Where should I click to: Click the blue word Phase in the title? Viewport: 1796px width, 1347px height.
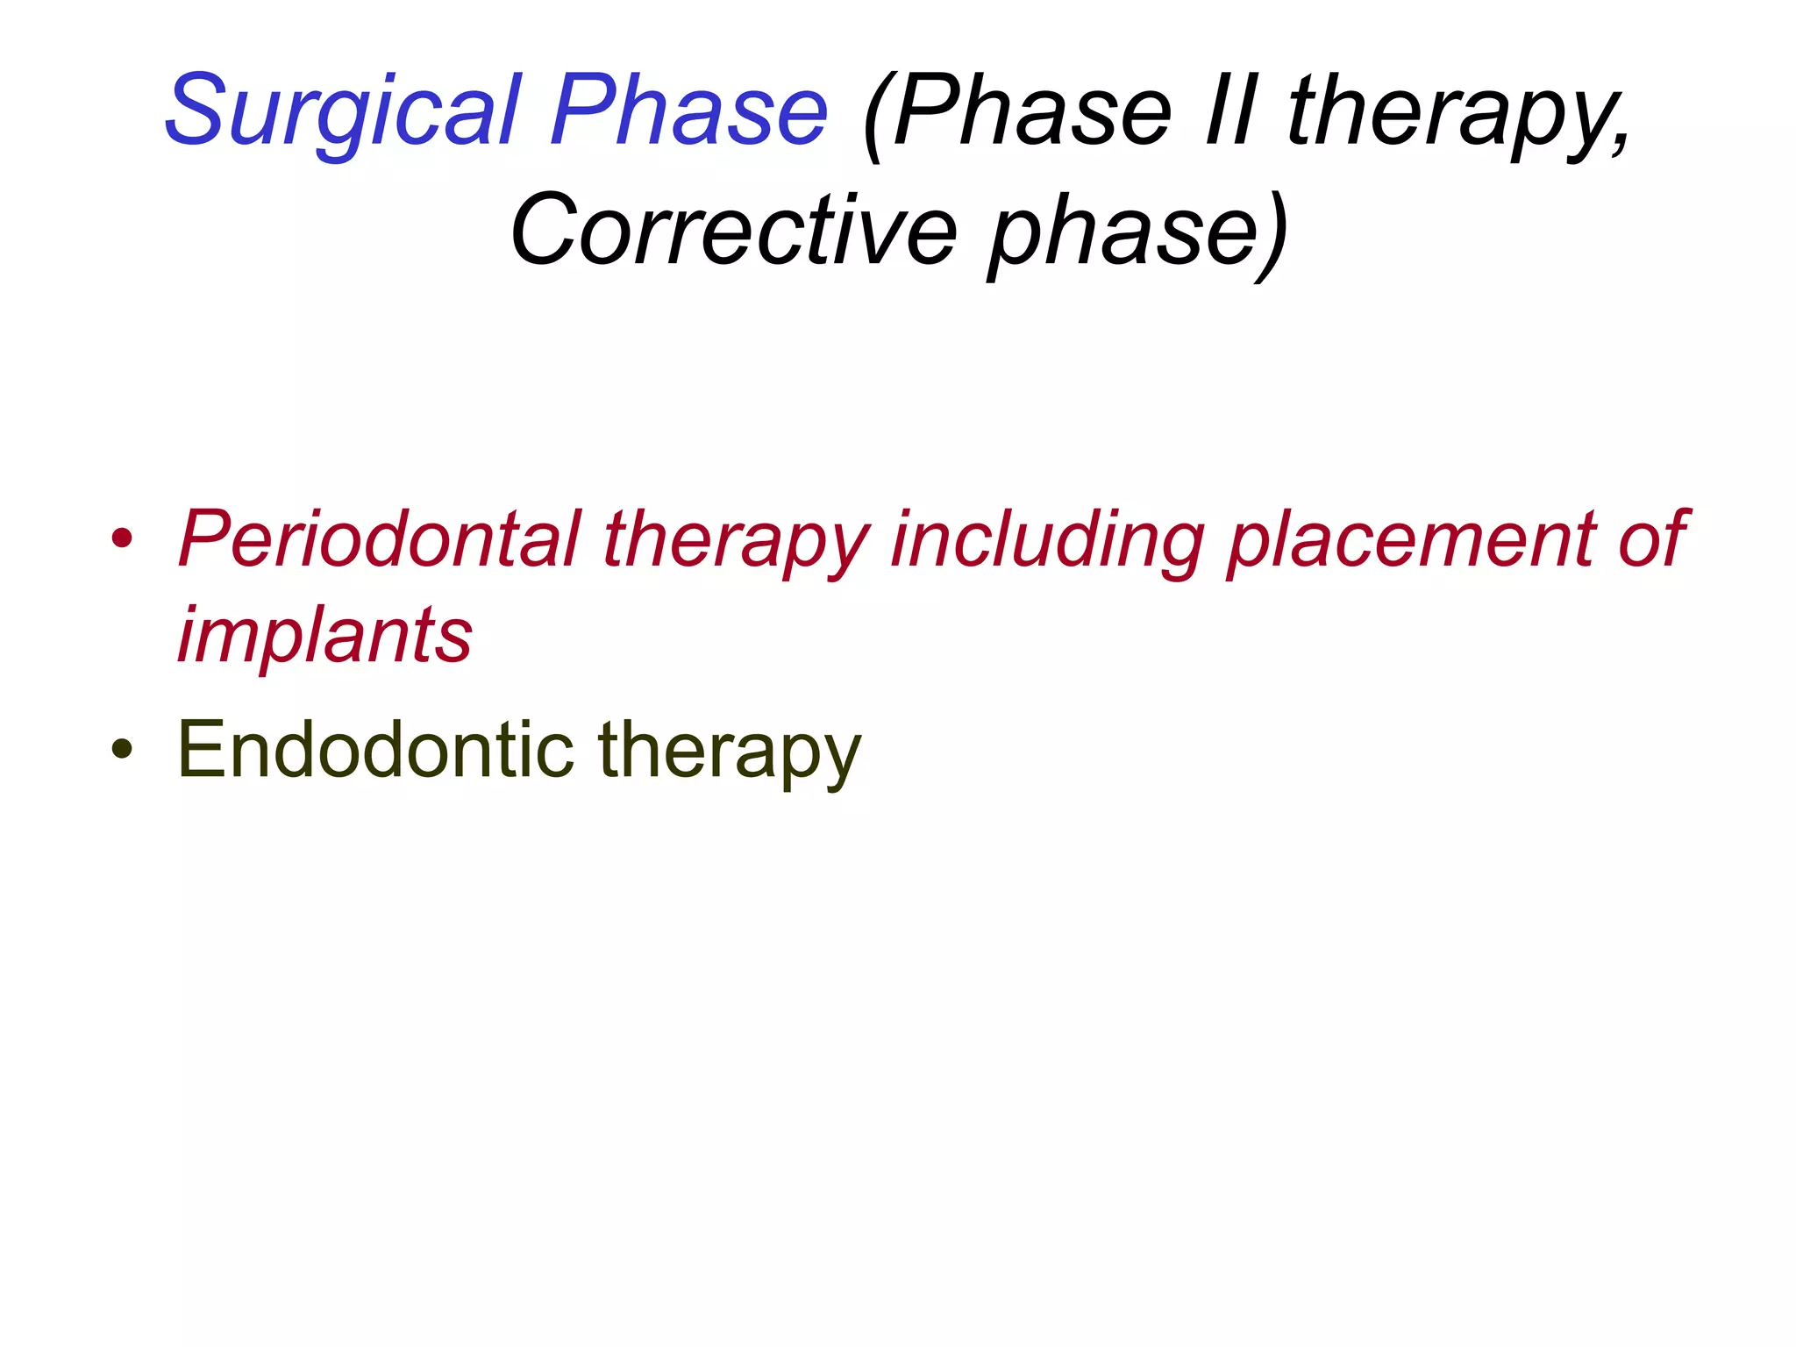pyautogui.click(x=688, y=112)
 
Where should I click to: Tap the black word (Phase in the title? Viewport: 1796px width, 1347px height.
pyautogui.click(x=1017, y=112)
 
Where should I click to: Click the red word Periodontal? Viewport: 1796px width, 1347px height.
pyautogui.click(x=379, y=538)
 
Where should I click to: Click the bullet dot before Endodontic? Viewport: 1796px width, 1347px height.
pyautogui.click(x=122, y=749)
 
